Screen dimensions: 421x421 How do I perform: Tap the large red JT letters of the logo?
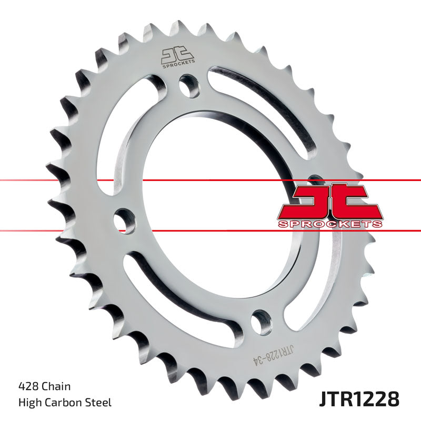329,200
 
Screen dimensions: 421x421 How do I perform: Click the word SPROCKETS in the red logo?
330,224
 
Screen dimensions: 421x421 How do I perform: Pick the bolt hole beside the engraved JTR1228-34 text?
260,321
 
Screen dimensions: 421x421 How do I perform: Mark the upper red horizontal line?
79,181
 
